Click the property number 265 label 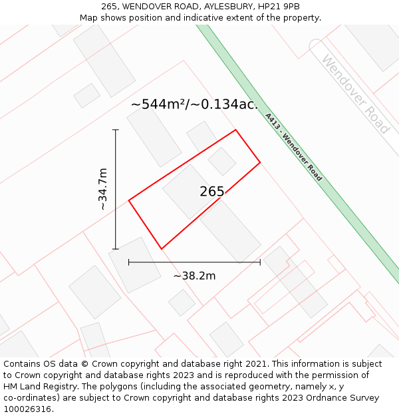[x=212, y=192]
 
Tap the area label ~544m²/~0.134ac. [x=194, y=104]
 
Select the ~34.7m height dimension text [x=102, y=190]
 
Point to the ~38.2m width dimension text [x=194, y=276]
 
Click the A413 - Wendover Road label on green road [x=293, y=147]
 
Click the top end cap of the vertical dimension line [x=116, y=130]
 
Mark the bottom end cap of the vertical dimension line [x=116, y=249]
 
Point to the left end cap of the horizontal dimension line [x=128, y=262]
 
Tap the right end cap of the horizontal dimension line [x=260, y=262]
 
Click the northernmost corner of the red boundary [x=235, y=130]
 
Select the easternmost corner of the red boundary [x=260, y=162]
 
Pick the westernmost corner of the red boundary [x=128, y=200]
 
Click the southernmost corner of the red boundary [x=161, y=249]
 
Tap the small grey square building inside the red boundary [x=222, y=162]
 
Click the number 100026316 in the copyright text [x=27, y=409]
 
